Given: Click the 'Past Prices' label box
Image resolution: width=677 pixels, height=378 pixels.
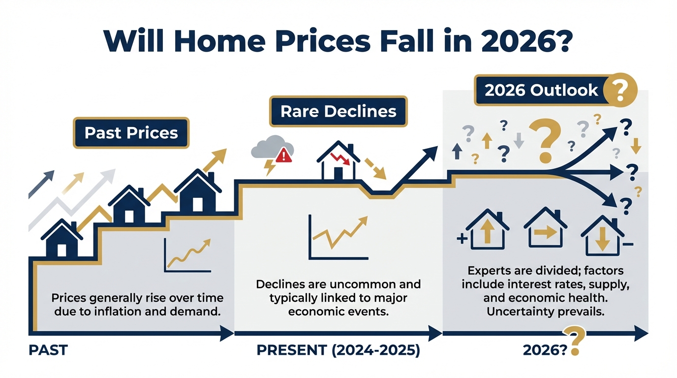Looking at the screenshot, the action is pyautogui.click(x=131, y=133).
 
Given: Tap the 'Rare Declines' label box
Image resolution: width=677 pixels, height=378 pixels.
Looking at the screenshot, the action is pyautogui.click(x=338, y=111).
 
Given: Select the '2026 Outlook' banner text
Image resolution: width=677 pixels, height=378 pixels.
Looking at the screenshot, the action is pyautogui.click(x=541, y=90).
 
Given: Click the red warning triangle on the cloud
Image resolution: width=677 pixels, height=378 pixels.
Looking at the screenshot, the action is pyautogui.click(x=283, y=155).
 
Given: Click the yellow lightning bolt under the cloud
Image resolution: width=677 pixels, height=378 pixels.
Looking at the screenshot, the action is pyautogui.click(x=270, y=167).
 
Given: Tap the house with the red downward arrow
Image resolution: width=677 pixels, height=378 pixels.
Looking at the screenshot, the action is pyautogui.click(x=338, y=160).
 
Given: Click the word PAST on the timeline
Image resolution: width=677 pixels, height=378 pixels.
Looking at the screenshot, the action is pyautogui.click(x=48, y=350).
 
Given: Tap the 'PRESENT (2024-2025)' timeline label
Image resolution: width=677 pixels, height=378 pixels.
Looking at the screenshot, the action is pyautogui.click(x=338, y=350).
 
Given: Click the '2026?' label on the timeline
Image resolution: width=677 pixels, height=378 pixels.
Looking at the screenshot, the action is pyautogui.click(x=545, y=350).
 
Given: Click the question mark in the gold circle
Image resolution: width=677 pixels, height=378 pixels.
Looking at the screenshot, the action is pyautogui.click(x=620, y=90).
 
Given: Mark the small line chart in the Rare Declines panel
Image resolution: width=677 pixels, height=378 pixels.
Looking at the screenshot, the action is pyautogui.click(x=338, y=237).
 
